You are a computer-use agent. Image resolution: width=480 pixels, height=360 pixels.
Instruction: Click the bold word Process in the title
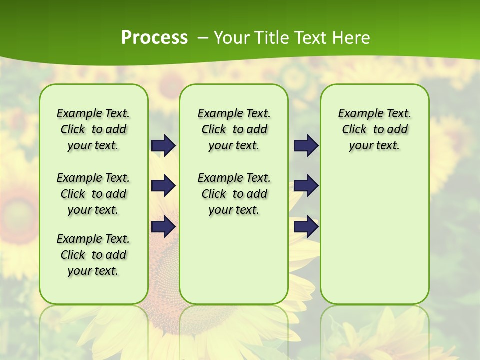click(154, 38)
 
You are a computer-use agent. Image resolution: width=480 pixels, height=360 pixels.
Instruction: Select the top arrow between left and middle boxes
click(163, 145)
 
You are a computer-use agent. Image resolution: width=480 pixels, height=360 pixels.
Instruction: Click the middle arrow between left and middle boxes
click(163, 186)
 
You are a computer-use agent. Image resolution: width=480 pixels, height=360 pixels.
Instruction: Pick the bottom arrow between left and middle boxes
click(163, 226)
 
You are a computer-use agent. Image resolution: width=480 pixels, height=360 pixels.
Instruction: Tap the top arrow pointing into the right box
click(306, 145)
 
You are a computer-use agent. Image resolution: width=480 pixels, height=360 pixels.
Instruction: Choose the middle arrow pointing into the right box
click(306, 186)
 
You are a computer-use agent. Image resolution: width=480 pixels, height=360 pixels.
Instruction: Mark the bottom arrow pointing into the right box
click(306, 226)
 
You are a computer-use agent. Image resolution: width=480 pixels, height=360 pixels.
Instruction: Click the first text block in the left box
click(93, 129)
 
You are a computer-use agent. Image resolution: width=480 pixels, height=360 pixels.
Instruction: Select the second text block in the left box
click(93, 194)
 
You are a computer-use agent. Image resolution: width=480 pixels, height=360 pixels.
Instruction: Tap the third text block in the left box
click(93, 255)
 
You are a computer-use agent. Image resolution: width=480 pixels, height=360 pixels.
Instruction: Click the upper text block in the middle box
click(234, 129)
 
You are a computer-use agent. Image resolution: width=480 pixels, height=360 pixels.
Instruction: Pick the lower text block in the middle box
click(234, 194)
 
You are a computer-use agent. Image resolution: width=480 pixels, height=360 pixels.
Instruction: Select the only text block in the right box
click(374, 129)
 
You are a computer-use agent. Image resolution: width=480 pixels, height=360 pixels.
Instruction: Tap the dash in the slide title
click(203, 38)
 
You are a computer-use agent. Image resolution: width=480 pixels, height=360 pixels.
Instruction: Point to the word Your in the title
click(232, 38)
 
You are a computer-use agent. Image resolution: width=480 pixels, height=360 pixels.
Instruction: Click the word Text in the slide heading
click(310, 38)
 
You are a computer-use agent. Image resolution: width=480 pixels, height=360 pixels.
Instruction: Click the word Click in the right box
click(354, 130)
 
